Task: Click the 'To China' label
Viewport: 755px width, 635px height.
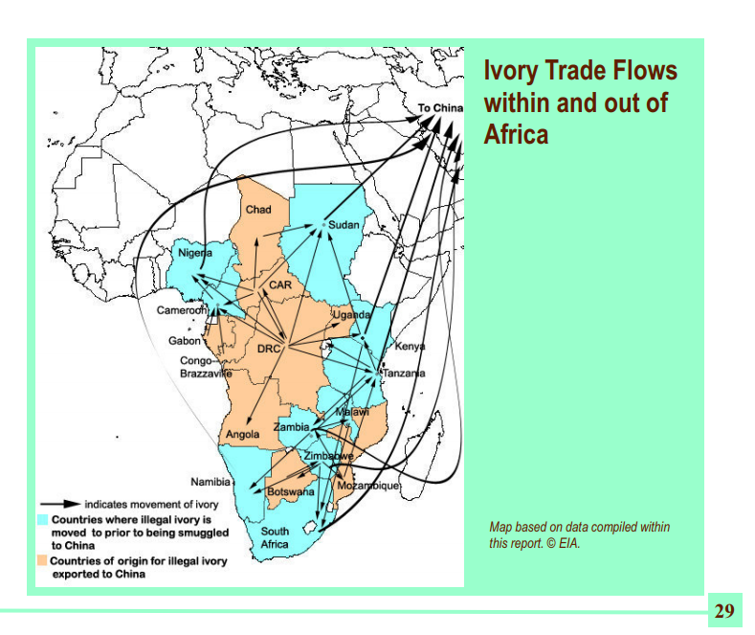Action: [439, 108]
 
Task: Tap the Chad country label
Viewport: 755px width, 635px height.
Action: [258, 210]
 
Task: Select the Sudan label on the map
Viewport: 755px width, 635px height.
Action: [342, 225]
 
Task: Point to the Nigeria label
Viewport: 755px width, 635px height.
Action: [195, 253]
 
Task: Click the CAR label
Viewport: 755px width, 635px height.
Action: [279, 285]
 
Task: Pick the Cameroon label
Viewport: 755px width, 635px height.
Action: [183, 310]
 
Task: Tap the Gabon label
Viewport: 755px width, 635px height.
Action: [185, 341]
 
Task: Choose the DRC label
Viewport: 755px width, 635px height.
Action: [268, 349]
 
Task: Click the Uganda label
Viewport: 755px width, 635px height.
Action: [351, 315]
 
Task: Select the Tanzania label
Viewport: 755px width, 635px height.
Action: [404, 373]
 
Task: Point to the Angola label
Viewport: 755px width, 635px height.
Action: [242, 434]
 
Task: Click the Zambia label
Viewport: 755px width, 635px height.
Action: [291, 426]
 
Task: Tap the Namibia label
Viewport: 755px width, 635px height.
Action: [211, 482]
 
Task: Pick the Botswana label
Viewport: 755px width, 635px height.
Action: [291, 492]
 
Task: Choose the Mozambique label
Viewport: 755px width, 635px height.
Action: [368, 487]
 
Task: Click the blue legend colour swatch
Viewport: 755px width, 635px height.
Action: [42, 519]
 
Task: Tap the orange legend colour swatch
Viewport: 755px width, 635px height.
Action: [42, 561]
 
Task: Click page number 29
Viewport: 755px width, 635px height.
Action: [724, 611]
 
